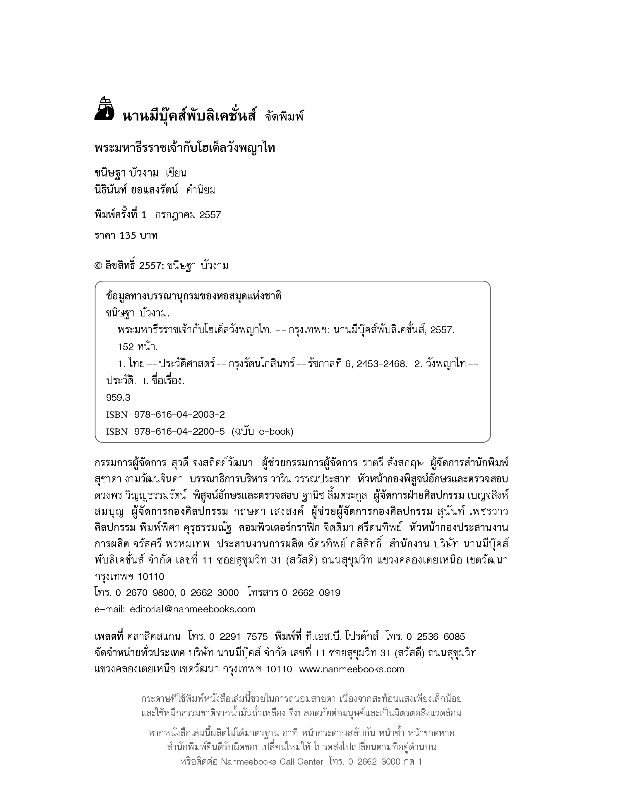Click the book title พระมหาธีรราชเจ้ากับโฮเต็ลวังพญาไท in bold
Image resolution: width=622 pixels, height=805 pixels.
[x=185, y=148]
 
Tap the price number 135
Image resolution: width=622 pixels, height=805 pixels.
[x=128, y=236]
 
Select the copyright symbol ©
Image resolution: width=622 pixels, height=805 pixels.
[x=98, y=266]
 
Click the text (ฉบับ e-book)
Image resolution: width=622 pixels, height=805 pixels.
[x=262, y=431]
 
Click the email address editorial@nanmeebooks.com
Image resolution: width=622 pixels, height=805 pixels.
[x=192, y=609]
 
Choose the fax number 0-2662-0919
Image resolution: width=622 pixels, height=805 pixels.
[x=311, y=593]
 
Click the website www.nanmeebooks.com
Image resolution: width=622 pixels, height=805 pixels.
[x=352, y=669]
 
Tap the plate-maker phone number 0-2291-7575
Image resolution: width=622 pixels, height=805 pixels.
[x=238, y=637]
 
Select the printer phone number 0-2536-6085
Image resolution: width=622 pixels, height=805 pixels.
[x=436, y=637]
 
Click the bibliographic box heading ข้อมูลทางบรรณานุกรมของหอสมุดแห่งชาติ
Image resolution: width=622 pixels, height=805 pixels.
[x=193, y=296]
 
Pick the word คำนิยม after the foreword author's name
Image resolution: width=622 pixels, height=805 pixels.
[x=201, y=190]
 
